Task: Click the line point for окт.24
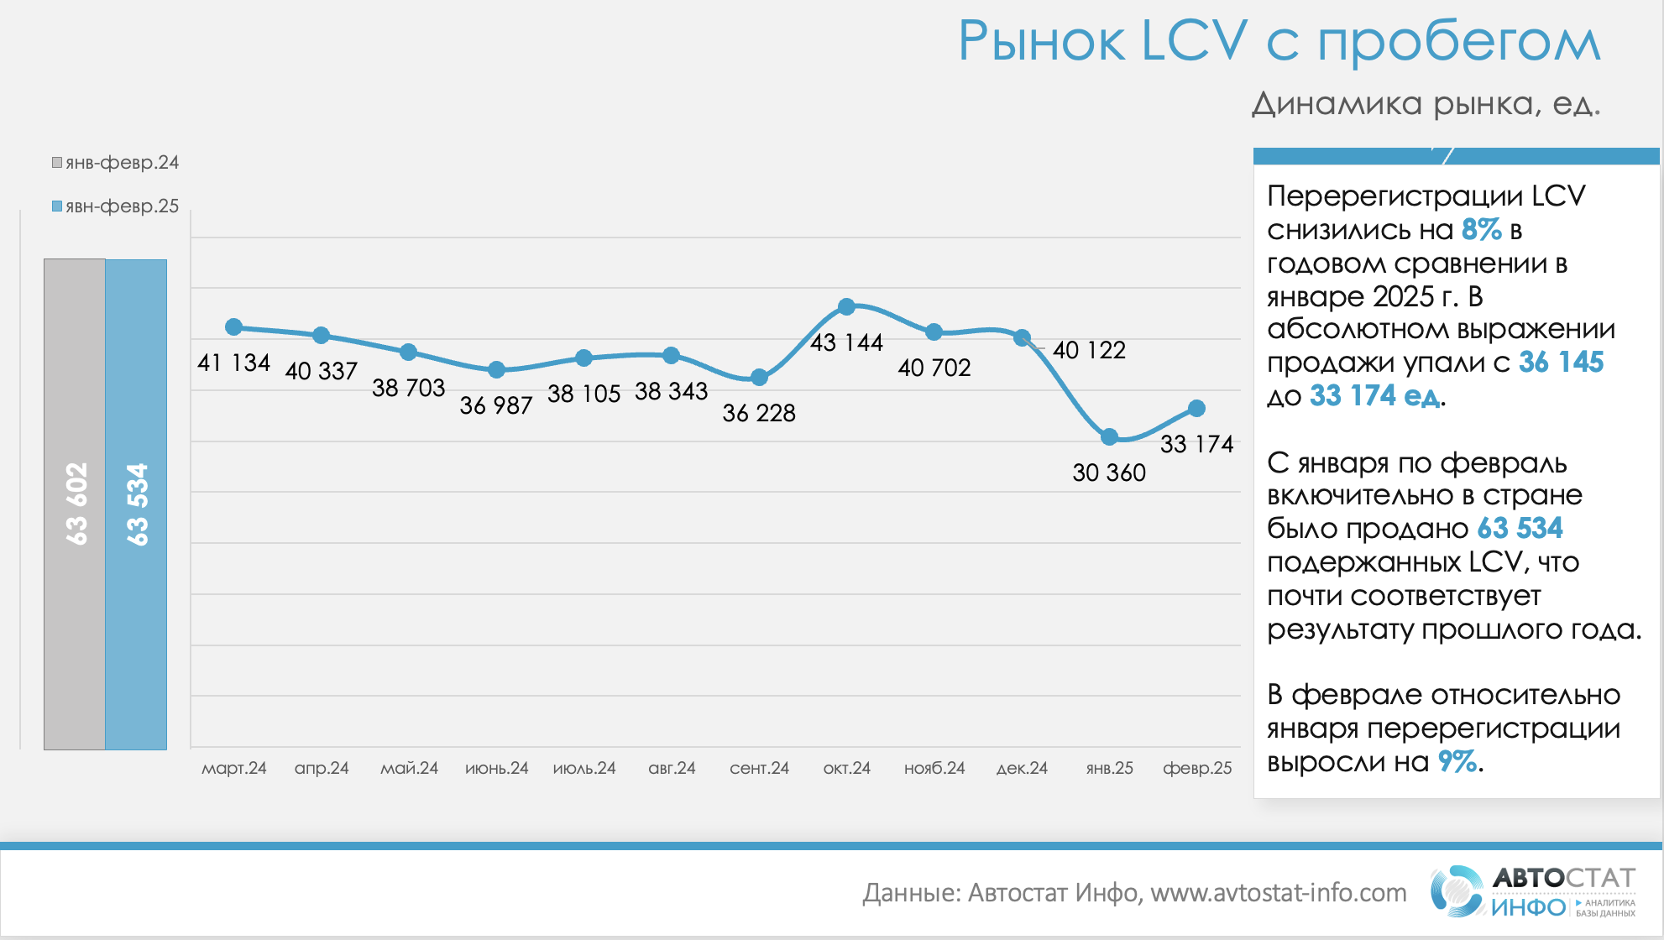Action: click(846, 307)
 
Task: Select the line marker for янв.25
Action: click(1109, 436)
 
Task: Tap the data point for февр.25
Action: click(1197, 409)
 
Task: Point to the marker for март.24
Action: click(234, 326)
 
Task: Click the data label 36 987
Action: click(496, 405)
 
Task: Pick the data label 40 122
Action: click(1089, 350)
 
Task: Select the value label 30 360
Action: click(1109, 473)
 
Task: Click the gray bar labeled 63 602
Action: click(75, 504)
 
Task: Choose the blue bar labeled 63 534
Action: click(136, 504)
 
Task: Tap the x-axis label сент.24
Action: click(759, 768)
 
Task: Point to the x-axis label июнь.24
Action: click(496, 768)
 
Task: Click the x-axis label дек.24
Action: click(1022, 768)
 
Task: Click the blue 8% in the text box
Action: click(1481, 229)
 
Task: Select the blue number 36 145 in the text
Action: click(1561, 362)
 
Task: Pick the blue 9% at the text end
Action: click(1457, 761)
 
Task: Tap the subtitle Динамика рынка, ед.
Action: click(1426, 104)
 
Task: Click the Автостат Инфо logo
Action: click(1533, 891)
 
